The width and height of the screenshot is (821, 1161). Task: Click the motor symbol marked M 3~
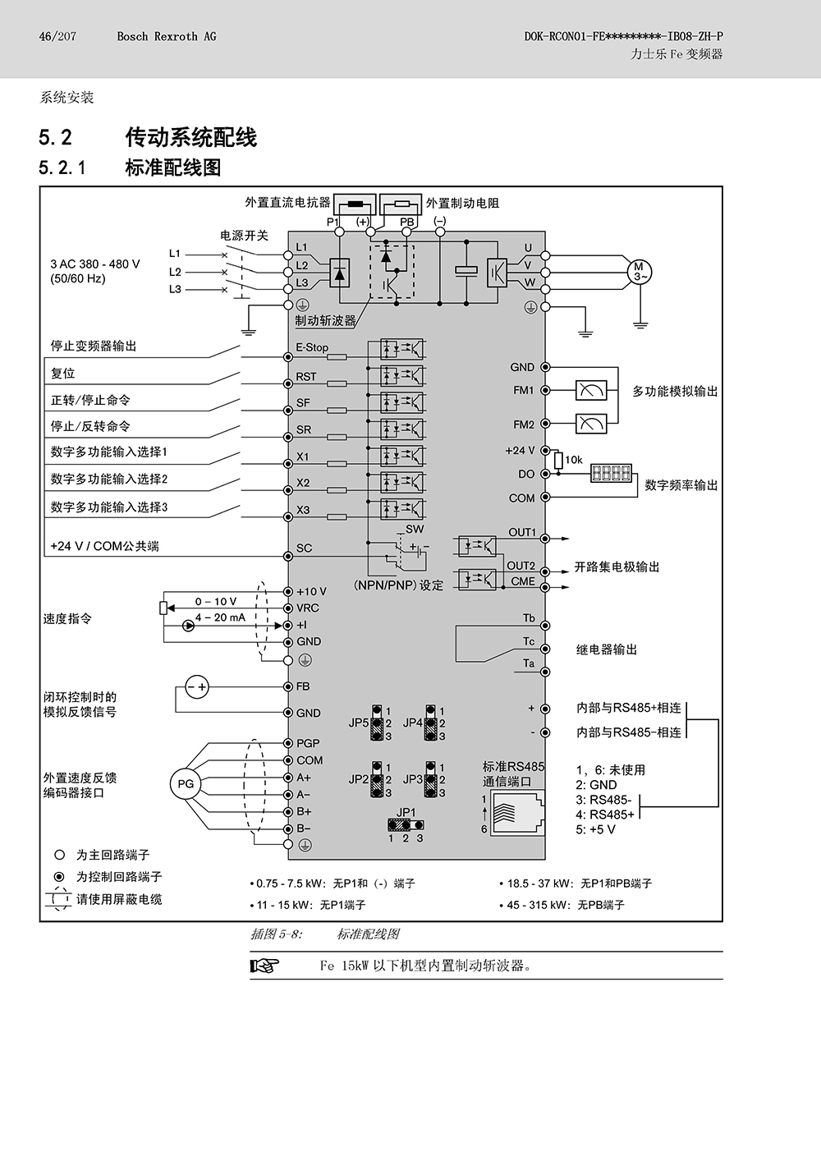pyautogui.click(x=640, y=272)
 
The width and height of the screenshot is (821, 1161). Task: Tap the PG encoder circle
pyautogui.click(x=186, y=784)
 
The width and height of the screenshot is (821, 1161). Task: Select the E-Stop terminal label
pyautogui.click(x=312, y=347)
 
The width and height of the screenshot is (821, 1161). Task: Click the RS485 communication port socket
pyautogui.click(x=517, y=813)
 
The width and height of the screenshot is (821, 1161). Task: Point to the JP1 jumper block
pyautogui.click(x=406, y=824)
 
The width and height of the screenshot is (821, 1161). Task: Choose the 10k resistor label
pyautogui.click(x=574, y=460)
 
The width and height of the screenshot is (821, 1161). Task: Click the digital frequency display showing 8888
pyautogui.click(x=612, y=473)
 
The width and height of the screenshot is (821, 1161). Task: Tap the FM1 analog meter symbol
pyautogui.click(x=591, y=390)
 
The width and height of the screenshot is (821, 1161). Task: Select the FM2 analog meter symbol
pyautogui.click(x=591, y=424)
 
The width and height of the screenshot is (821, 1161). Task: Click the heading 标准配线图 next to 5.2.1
pyautogui.click(x=173, y=167)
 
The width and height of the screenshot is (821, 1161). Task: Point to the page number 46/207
pyautogui.click(x=57, y=36)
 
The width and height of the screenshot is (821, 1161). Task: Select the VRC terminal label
pyautogui.click(x=308, y=608)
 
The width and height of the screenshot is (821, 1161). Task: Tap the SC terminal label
pyautogui.click(x=305, y=548)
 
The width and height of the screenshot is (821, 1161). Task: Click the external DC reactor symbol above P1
pyautogui.click(x=355, y=203)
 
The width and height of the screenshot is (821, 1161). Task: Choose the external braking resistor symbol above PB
pyautogui.click(x=401, y=203)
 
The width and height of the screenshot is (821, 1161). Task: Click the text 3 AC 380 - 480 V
pyautogui.click(x=95, y=264)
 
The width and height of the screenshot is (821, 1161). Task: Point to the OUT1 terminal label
pyautogui.click(x=522, y=532)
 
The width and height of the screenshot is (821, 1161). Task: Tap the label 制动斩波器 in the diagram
pyautogui.click(x=325, y=321)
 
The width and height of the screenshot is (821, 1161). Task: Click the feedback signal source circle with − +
pyautogui.click(x=197, y=687)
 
